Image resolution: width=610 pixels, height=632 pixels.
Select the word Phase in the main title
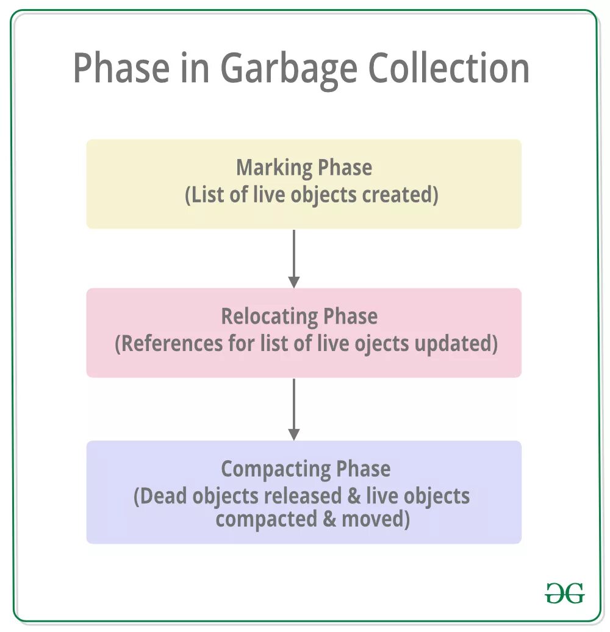(x=121, y=68)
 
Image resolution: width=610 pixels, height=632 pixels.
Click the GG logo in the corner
(x=564, y=592)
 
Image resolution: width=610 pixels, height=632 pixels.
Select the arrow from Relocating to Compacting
(x=294, y=409)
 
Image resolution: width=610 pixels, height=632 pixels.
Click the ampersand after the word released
(x=354, y=495)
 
